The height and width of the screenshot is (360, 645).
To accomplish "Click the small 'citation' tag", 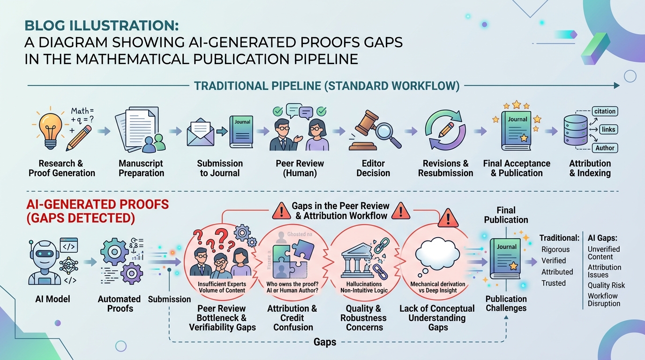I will [x=604, y=111].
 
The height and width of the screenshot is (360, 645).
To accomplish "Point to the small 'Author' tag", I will [x=605, y=148].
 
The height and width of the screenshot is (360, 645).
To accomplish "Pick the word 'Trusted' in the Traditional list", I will [x=554, y=283].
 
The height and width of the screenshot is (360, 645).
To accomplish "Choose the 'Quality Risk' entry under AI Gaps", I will [x=606, y=285].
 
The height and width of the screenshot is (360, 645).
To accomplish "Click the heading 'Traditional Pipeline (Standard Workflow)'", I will [x=327, y=86].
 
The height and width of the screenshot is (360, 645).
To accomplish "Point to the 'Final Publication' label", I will [x=506, y=215].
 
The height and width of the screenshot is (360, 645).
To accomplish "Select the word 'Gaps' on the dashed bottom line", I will [x=324, y=342].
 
